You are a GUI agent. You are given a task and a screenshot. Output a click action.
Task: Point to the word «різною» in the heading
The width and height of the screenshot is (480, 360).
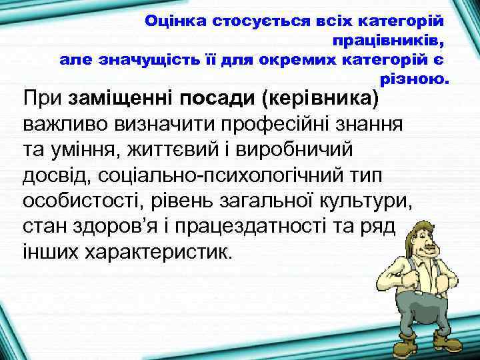(414, 79)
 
